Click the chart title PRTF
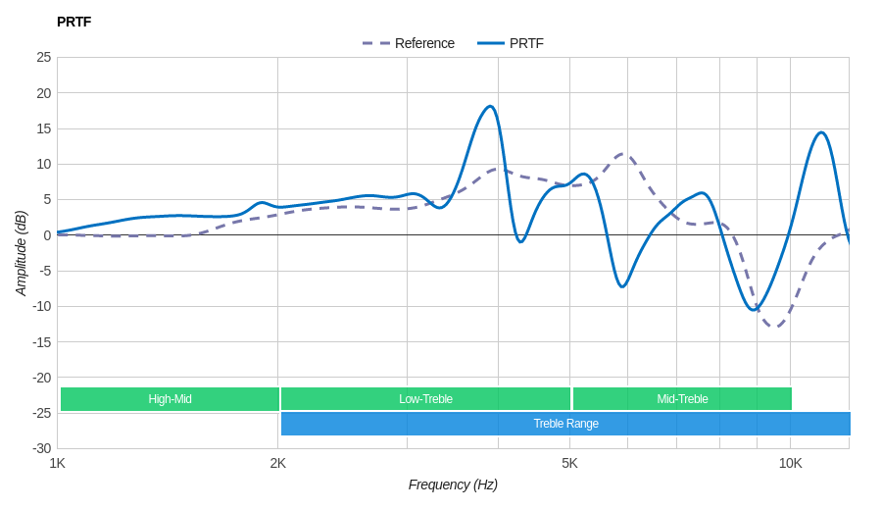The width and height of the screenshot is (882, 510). pyautogui.click(x=73, y=22)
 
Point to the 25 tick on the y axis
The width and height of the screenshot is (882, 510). pyautogui.click(x=43, y=57)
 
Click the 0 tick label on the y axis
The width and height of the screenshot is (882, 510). pyautogui.click(x=46, y=235)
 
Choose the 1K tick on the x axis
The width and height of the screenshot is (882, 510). pyautogui.click(x=58, y=463)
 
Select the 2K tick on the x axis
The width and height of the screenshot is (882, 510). pyautogui.click(x=278, y=463)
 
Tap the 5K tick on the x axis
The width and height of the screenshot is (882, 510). pyautogui.click(x=569, y=463)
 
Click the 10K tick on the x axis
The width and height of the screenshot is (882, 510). pyautogui.click(x=790, y=463)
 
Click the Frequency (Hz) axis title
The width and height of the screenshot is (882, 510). pyautogui.click(x=453, y=484)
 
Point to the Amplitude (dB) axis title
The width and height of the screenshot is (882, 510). pyautogui.click(x=21, y=253)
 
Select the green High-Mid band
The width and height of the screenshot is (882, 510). pyautogui.click(x=170, y=399)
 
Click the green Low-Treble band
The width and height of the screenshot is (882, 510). pyautogui.click(x=425, y=399)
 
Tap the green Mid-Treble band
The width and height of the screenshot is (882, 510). pyautogui.click(x=682, y=399)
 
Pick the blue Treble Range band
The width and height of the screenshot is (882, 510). pyautogui.click(x=565, y=424)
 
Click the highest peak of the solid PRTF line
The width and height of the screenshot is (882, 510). pyautogui.click(x=490, y=106)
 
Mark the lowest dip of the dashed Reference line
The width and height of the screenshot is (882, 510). pyautogui.click(x=774, y=326)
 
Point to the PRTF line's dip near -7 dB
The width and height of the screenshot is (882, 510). pyautogui.click(x=621, y=286)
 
